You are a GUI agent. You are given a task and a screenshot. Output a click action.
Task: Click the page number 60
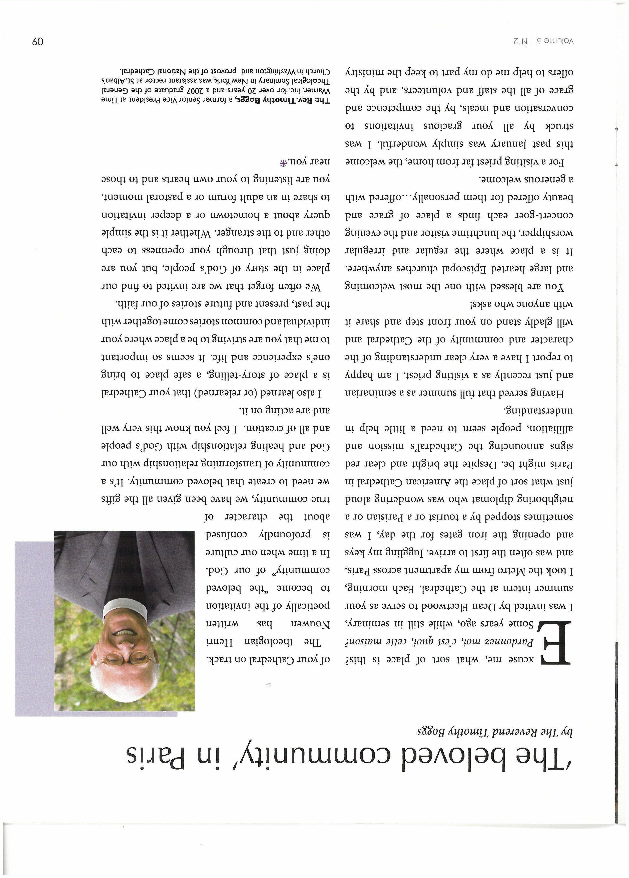click(38, 41)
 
